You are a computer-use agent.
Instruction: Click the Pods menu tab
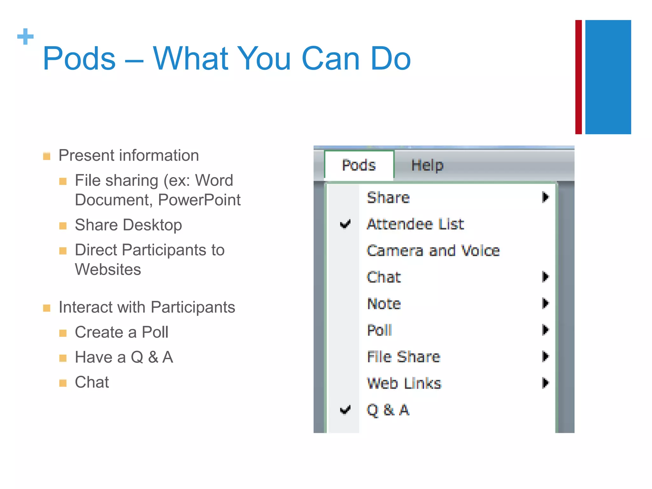[x=359, y=165]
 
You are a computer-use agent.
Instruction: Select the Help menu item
[x=427, y=165]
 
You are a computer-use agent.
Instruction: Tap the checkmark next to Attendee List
[x=345, y=224]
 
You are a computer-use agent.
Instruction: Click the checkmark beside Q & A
[x=345, y=410]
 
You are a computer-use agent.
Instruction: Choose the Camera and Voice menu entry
[x=433, y=251]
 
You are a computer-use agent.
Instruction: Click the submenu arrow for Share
[x=545, y=197]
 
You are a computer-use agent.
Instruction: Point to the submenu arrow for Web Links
[x=545, y=383]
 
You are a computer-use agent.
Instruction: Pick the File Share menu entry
[x=403, y=357]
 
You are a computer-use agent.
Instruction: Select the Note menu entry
[x=384, y=304]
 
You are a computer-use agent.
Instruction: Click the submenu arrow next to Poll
[x=545, y=330]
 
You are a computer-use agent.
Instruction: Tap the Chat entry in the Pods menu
[x=384, y=277]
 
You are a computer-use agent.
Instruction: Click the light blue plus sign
[x=25, y=37]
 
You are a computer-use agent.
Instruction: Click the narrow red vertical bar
[x=578, y=77]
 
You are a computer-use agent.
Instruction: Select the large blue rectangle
[x=608, y=77]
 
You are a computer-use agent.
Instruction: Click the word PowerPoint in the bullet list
[x=199, y=200]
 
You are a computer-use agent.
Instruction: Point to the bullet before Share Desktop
[x=63, y=226]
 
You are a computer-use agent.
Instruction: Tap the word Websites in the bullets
[x=108, y=269]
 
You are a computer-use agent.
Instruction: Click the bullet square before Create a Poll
[x=63, y=333]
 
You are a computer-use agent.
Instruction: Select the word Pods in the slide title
[x=79, y=59]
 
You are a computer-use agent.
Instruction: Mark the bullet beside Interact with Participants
[x=47, y=308]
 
